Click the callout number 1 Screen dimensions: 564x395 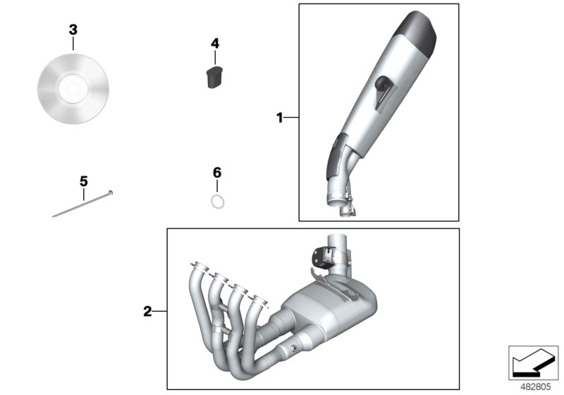[x=279, y=118]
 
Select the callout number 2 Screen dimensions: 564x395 [x=147, y=312]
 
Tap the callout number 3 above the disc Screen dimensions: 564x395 [x=73, y=30]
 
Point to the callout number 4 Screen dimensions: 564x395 [x=215, y=44]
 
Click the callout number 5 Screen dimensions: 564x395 [x=83, y=181]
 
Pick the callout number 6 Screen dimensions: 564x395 [x=217, y=173]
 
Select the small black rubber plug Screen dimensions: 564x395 [x=214, y=77]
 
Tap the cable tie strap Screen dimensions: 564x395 [x=82, y=205]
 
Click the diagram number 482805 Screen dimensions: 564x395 [x=536, y=387]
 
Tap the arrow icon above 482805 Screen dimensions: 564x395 [x=533, y=363]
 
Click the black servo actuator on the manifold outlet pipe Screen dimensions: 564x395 [x=323, y=257]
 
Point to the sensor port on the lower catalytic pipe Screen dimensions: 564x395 [x=293, y=348]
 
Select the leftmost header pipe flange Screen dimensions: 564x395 [x=199, y=267]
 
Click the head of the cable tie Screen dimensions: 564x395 [x=111, y=193]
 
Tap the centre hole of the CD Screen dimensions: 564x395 [x=73, y=89]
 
